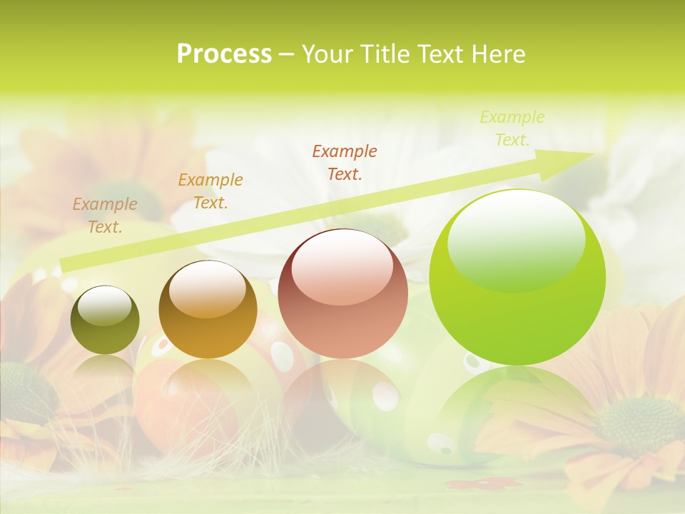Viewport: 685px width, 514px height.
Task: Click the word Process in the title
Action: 224,54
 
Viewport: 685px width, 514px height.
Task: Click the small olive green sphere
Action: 105,320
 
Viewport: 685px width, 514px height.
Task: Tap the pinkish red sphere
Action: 342,293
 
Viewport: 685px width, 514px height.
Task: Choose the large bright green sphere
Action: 517,277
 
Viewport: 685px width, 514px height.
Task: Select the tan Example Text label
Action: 105,216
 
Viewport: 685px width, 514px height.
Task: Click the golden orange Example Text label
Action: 210,191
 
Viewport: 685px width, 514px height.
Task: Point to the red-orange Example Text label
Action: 345,162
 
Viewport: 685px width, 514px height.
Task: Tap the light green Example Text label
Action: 512,128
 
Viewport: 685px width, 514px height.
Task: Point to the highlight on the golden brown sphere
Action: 208,289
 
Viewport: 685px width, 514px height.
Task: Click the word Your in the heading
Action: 328,54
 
